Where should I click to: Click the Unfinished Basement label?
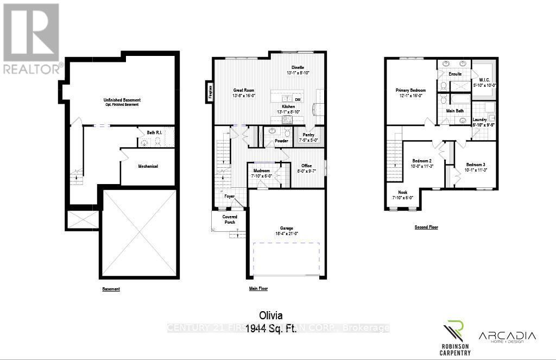[122, 100]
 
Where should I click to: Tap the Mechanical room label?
[147, 166]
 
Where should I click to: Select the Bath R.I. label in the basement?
[155, 132]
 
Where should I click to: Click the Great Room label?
[244, 91]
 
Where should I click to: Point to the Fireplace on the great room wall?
[208, 91]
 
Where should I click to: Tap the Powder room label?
[281, 141]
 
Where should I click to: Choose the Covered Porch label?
[230, 219]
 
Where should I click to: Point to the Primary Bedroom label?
[410, 90]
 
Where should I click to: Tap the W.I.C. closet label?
[485, 79]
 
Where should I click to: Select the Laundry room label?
[479, 119]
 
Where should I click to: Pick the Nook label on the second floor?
[402, 192]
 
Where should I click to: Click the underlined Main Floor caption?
[258, 289]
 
